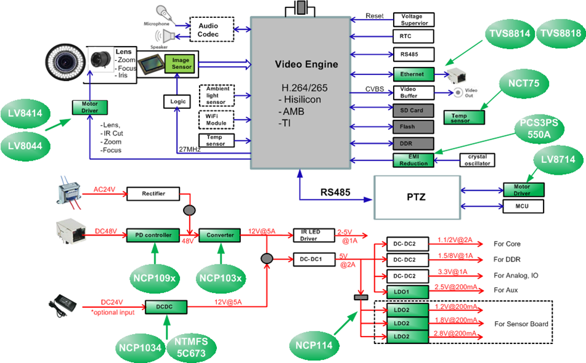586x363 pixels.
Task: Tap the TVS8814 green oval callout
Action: point(509,34)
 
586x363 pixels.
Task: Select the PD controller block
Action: point(153,235)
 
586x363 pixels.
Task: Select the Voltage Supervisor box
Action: point(413,19)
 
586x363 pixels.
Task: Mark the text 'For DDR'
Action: point(508,259)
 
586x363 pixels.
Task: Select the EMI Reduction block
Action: point(413,160)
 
